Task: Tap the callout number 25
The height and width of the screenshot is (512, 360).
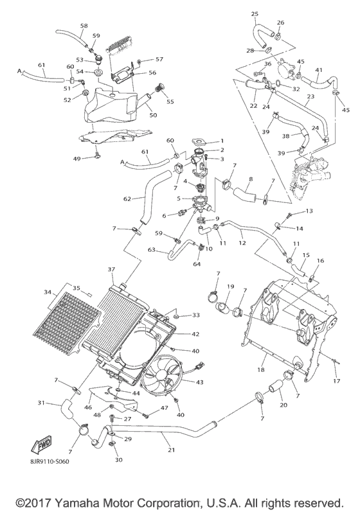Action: (255, 13)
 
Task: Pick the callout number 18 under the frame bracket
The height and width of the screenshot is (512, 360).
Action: (261, 371)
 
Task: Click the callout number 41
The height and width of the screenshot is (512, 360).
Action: (318, 69)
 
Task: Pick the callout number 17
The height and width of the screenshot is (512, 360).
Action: (336, 382)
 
